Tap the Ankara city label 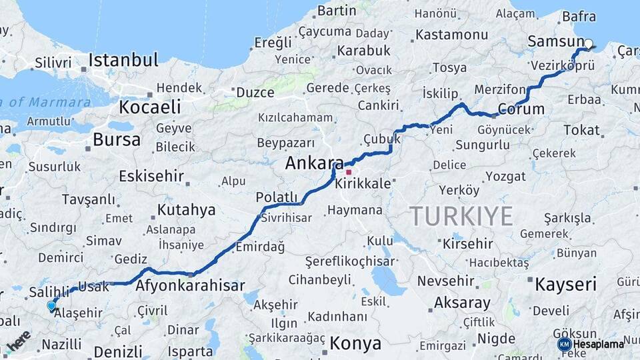click(x=314, y=163)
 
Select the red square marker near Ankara click(x=348, y=172)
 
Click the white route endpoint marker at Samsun click(x=588, y=43)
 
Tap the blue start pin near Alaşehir click(x=51, y=306)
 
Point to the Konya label click(x=355, y=344)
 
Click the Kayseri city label click(x=565, y=285)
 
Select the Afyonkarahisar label click(x=190, y=286)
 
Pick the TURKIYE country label click(x=461, y=216)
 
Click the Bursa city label click(x=117, y=140)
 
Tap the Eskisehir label click(x=150, y=177)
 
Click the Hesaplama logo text click(x=598, y=345)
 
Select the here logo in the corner click(x=19, y=340)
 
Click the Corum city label click(x=521, y=109)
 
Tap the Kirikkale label click(x=363, y=183)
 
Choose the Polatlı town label click(x=276, y=197)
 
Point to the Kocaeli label click(x=150, y=107)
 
